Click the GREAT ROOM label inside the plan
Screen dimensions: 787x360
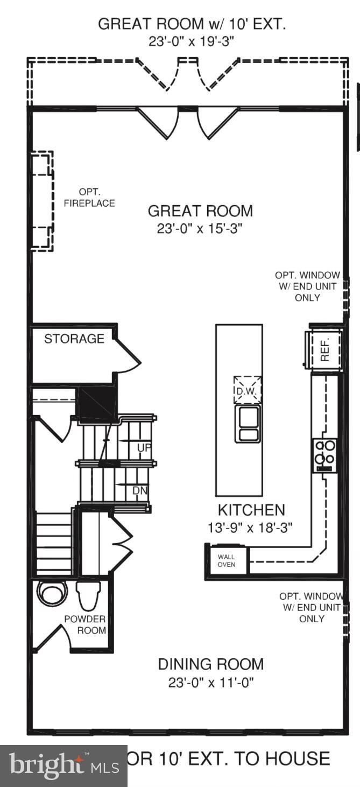200,210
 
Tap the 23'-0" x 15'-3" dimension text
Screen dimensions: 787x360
200,229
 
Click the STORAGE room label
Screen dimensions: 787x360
74,339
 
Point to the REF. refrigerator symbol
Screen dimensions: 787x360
324,350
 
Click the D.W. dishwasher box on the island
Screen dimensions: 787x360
247,390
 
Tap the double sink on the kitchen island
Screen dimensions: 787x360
248,425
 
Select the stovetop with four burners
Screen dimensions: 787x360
325,455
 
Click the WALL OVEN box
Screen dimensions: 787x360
227,560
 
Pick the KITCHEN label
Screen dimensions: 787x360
251,510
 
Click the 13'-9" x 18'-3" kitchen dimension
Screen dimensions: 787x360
251,528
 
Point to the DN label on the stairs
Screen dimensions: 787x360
140,490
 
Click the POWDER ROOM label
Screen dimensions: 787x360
85,625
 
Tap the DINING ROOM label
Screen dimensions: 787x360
211,664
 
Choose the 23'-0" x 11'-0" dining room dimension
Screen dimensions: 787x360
211,683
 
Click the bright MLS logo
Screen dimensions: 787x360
63,765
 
